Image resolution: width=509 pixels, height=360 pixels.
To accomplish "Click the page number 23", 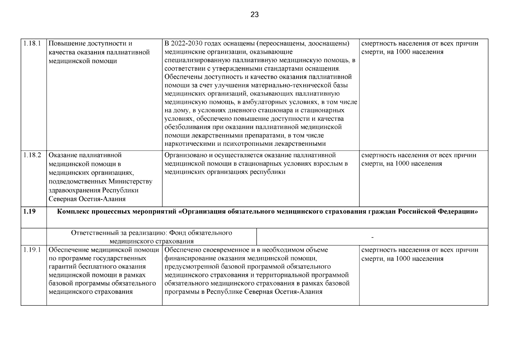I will tap(255, 14).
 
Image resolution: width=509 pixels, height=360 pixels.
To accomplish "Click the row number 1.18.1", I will tap(32, 43).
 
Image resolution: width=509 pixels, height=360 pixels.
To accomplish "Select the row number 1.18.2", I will tap(32, 155).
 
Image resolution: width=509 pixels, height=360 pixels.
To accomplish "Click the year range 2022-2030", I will tap(187, 43).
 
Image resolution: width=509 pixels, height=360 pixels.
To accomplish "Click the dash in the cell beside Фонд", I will tap(372, 237).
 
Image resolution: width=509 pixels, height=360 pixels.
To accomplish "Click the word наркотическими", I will tap(190, 144).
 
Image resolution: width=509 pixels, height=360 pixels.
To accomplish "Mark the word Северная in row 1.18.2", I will tap(62, 199).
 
